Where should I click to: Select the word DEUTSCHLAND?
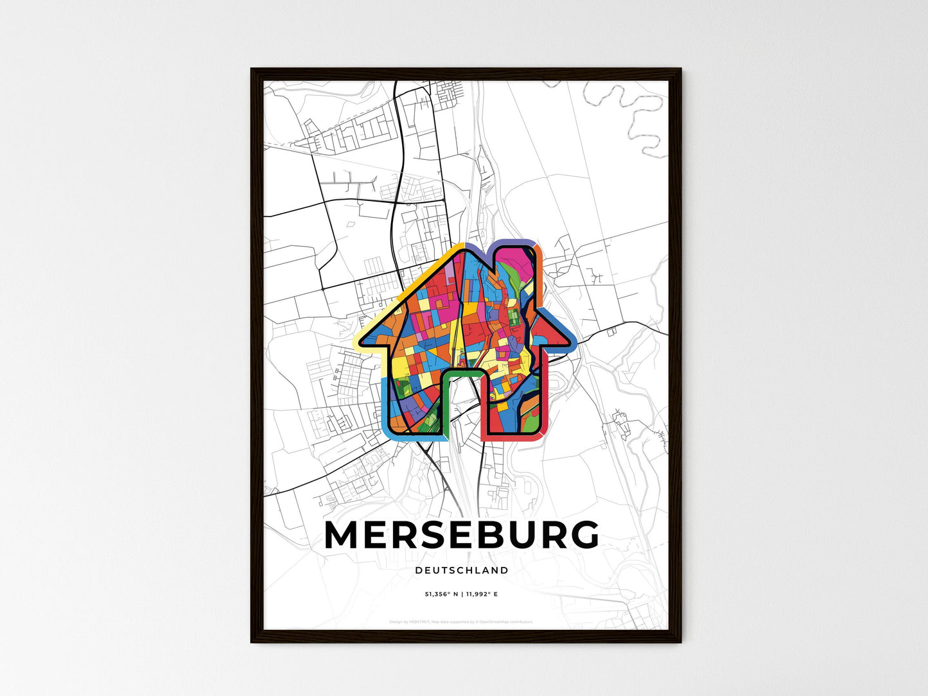pos(462,570)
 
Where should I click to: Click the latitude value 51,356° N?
pos(441,595)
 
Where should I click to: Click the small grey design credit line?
pos(461,622)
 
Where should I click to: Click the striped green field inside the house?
pos(514,318)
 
